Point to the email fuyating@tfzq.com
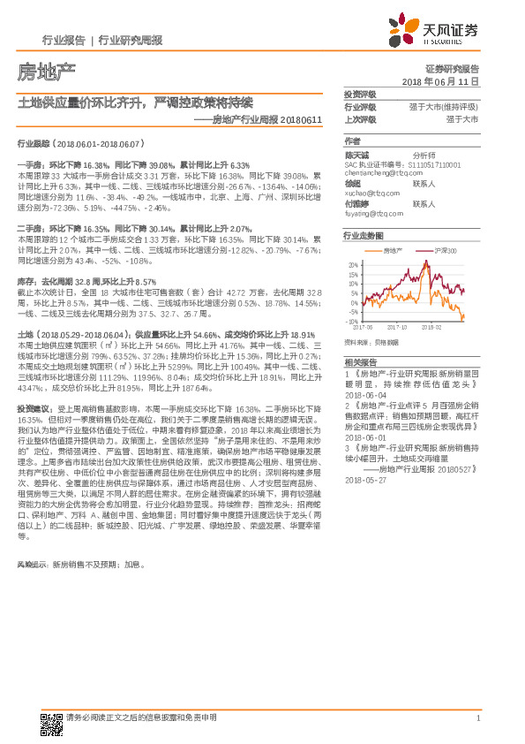tap(370, 213)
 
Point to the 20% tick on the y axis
tap(352, 264)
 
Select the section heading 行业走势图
tap(364, 236)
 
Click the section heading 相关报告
tap(360, 363)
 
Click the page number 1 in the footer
tap(477, 717)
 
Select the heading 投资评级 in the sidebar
tap(360, 94)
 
